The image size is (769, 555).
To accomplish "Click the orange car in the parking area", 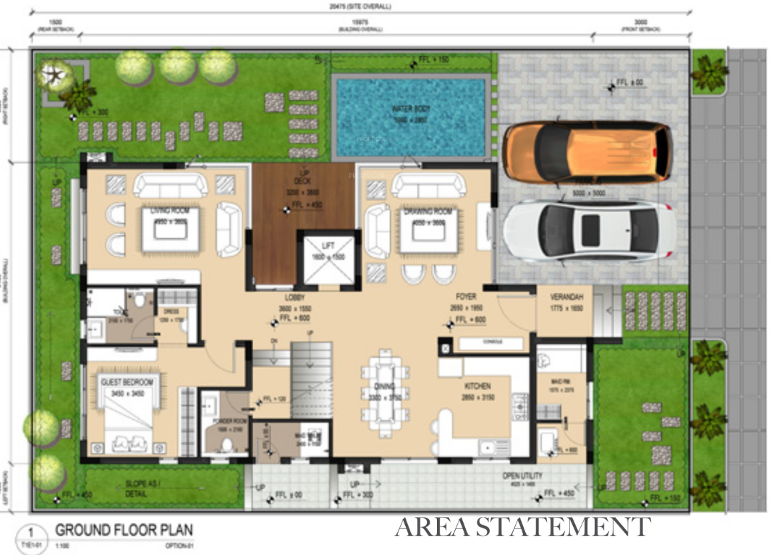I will (587, 152).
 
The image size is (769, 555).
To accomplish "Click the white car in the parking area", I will (590, 231).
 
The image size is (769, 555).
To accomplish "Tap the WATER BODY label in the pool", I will (410, 109).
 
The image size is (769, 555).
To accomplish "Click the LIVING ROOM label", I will (170, 211).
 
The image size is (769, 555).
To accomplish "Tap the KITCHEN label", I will (477, 386).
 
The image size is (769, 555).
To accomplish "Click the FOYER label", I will (465, 297).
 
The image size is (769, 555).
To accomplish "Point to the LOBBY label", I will (294, 297).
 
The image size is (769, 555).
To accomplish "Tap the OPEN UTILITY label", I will (523, 476).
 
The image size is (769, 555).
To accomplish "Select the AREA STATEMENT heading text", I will (522, 527).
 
